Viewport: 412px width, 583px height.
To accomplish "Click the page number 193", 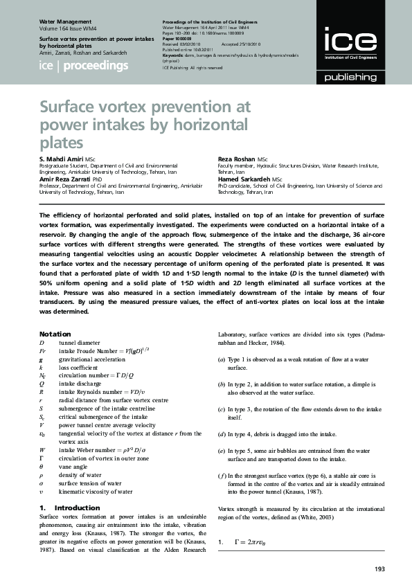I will click(x=379, y=569).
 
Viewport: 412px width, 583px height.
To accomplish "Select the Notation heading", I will click(x=55, y=334).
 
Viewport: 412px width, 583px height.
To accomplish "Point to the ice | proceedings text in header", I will click(x=84, y=66).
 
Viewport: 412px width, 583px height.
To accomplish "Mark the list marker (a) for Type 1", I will click(x=222, y=360).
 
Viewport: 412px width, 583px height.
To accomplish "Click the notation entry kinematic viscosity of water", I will click(x=96, y=492).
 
